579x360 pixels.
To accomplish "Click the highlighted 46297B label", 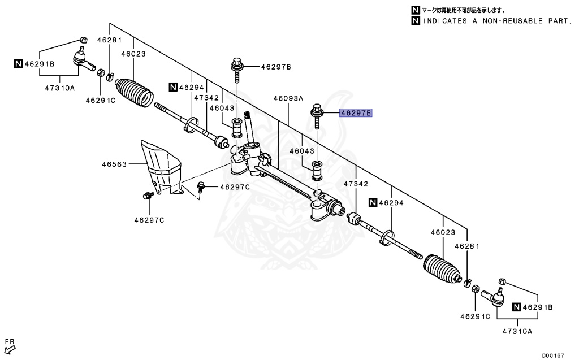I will (356, 113).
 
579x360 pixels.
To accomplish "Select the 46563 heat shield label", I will (113, 164).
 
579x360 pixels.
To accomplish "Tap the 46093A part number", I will (288, 98).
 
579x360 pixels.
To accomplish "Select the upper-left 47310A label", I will (60, 88).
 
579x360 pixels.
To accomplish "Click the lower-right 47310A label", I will (517, 332).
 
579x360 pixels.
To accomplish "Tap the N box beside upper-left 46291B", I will (18, 63).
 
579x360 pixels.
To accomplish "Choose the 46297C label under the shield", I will (149, 219).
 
